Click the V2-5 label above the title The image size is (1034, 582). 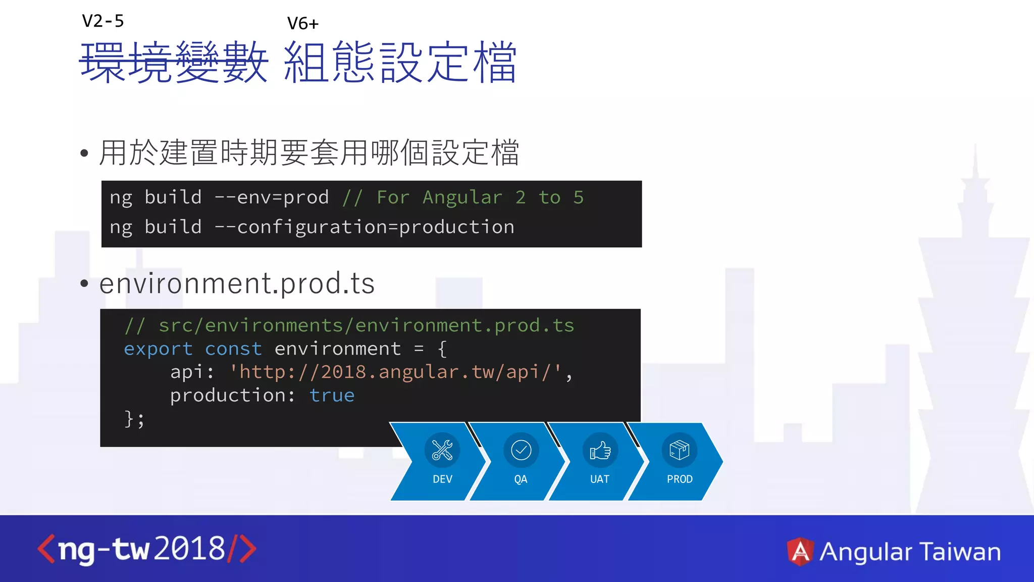[103, 21]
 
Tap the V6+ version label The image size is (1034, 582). [303, 24]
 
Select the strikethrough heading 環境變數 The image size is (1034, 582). [174, 62]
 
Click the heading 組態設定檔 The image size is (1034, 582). [400, 62]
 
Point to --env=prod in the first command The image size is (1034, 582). [272, 198]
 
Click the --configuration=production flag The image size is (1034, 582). [364, 227]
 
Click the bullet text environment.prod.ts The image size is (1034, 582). [237, 283]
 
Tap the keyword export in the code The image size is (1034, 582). [158, 349]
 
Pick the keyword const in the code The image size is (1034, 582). [233, 349]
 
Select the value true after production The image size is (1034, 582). [332, 396]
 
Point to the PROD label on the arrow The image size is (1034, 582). [680, 479]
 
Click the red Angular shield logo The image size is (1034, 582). [800, 551]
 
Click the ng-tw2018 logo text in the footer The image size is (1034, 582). [146, 549]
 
